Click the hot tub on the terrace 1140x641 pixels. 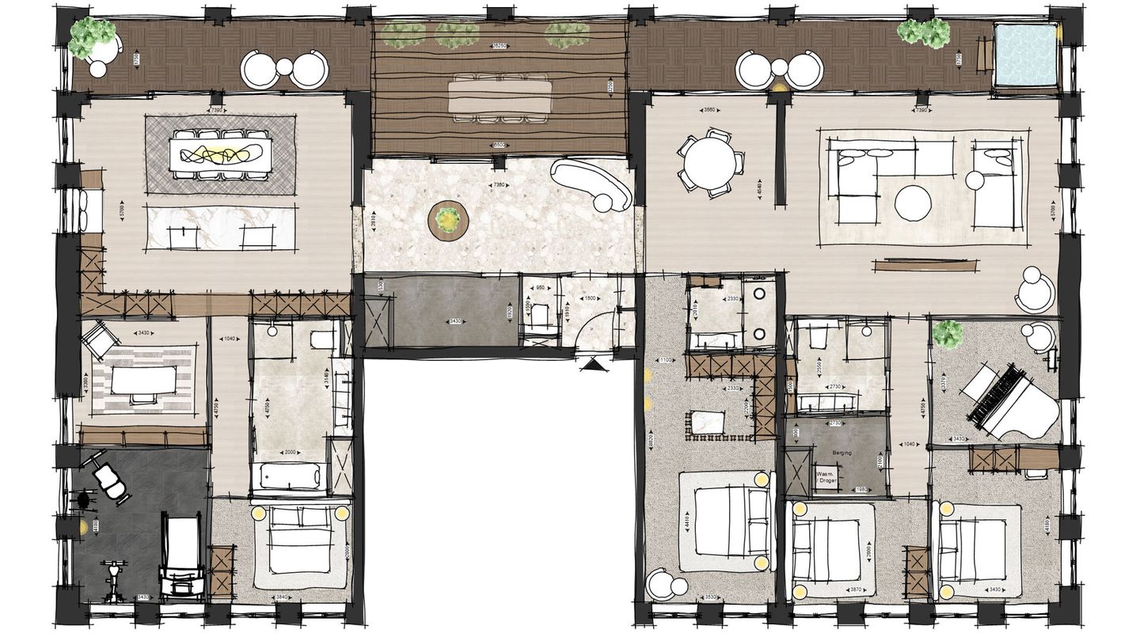[x=1026, y=55]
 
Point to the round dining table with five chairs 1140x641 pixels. [x=710, y=162]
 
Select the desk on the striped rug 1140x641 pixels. [x=143, y=382]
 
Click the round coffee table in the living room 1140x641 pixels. [x=913, y=203]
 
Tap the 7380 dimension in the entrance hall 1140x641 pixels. [x=499, y=184]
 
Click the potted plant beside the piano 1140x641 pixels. [x=947, y=334]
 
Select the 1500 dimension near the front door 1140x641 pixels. [x=590, y=298]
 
